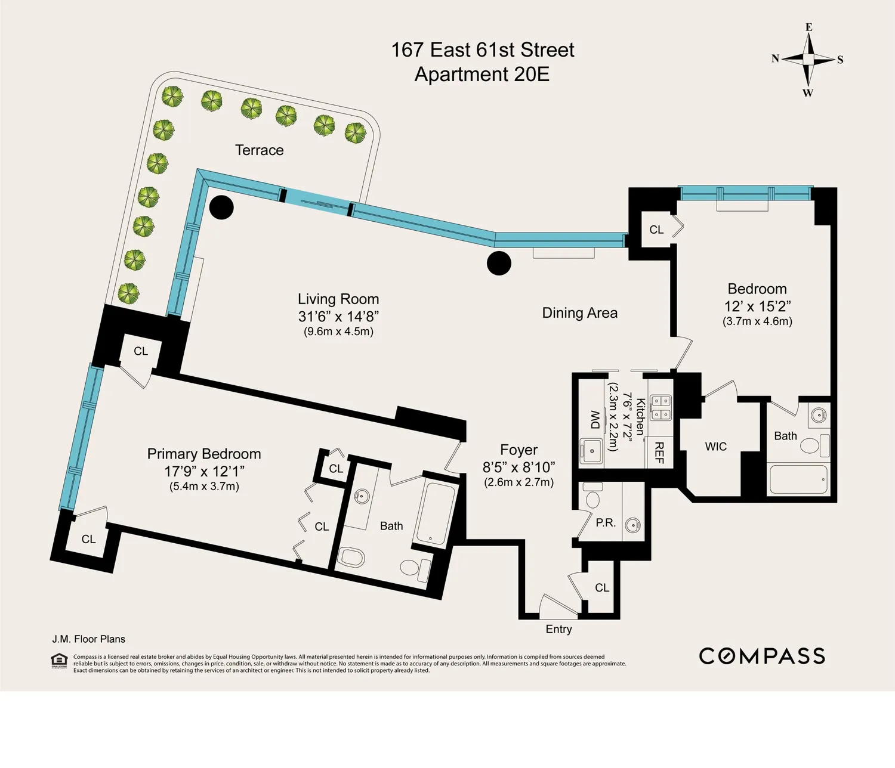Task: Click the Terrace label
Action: [260, 150]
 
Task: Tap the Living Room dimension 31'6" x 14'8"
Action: [338, 316]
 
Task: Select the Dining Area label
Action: [580, 313]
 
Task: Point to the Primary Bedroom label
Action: [204, 454]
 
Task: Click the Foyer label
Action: [519, 450]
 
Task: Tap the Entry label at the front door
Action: [558, 629]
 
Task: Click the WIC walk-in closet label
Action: [716, 447]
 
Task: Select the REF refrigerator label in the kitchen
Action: [659, 453]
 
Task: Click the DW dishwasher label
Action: [595, 419]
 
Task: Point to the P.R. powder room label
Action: [606, 523]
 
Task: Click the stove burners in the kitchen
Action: [661, 408]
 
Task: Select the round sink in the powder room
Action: [632, 525]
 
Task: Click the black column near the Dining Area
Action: [499, 263]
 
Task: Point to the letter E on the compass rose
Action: [808, 27]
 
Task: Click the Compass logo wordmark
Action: [761, 656]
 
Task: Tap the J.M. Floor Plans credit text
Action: [89, 639]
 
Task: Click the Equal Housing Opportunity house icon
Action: [59, 661]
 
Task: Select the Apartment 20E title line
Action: [482, 75]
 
